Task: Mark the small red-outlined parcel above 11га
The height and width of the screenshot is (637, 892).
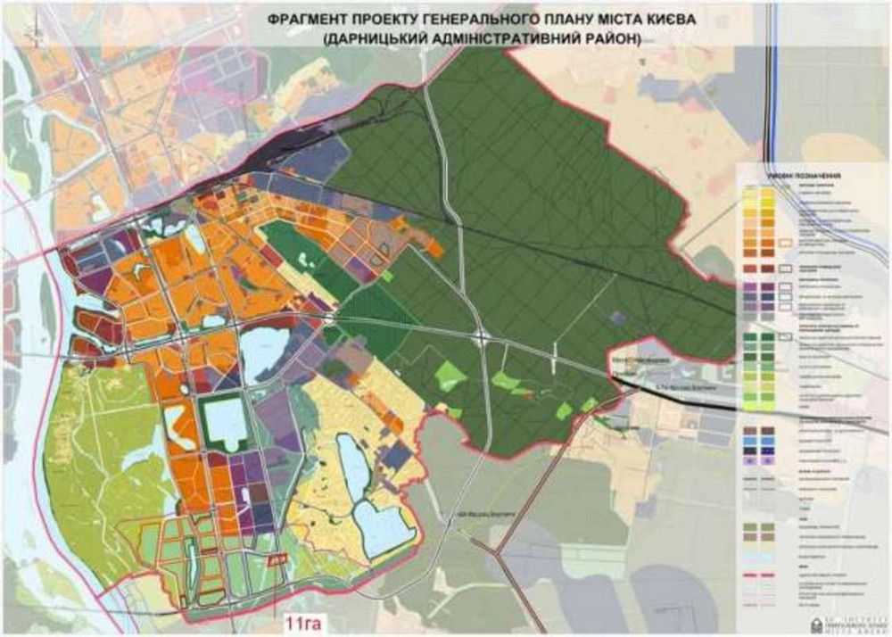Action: [x=278, y=558]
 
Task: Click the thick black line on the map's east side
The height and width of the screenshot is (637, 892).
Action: [x=678, y=395]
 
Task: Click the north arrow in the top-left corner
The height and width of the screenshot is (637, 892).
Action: [x=35, y=34]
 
